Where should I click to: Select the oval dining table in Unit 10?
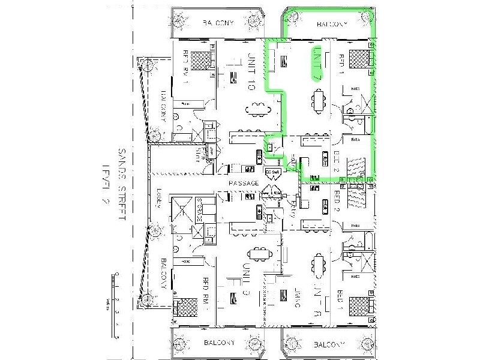click(x=256, y=109)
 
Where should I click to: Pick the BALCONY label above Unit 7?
click(x=331, y=25)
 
